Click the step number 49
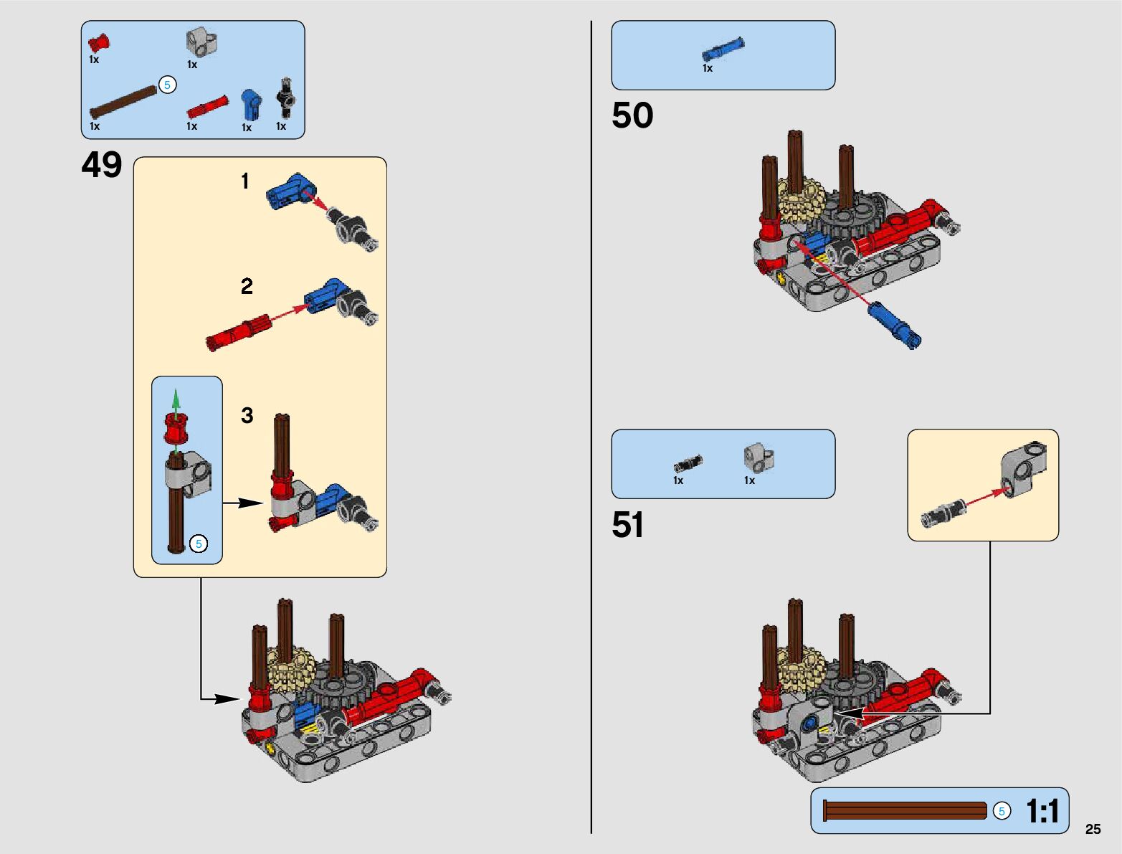tap(102, 166)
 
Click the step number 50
tap(632, 115)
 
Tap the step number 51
tap(628, 525)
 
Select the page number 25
tap(1093, 829)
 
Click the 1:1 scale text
tap(1042, 812)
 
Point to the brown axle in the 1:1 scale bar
tap(905, 811)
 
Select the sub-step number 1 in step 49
tap(245, 181)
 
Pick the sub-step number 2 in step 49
tap(247, 287)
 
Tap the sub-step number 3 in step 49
tap(247, 416)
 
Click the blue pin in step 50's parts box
tap(723, 49)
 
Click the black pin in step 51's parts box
tap(688, 463)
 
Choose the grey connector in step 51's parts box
tap(758, 457)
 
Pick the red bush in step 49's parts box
tap(99, 42)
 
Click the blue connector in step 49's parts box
tap(251, 105)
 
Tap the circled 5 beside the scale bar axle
tap(1002, 811)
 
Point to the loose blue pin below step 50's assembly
tap(894, 326)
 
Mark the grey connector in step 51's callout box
tap(1023, 470)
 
